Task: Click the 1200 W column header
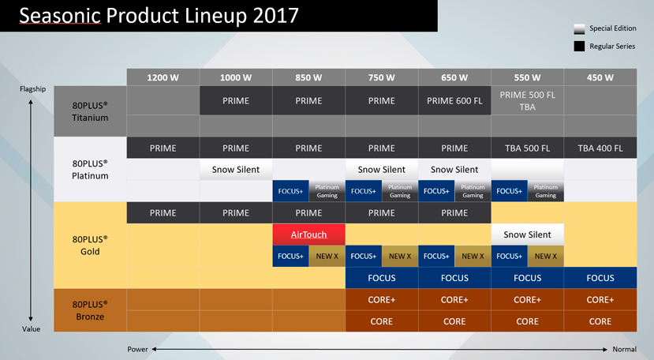coord(163,77)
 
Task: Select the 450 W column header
coord(600,77)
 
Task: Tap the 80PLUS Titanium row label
coord(90,111)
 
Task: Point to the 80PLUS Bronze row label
coord(90,310)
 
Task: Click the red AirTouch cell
coord(308,234)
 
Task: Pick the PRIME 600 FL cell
coord(454,100)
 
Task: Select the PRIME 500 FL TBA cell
coord(528,100)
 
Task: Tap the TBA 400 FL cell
coord(600,148)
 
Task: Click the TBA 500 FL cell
coord(528,148)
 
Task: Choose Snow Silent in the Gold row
coord(528,234)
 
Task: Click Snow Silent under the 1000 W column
coord(236,170)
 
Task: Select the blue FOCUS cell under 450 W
coord(600,278)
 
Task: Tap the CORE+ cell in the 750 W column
coord(382,299)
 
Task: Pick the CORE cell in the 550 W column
coord(528,321)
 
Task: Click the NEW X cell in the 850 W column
coord(327,256)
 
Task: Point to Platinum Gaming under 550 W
coord(546,191)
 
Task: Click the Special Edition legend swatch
coord(579,29)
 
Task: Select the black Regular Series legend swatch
coord(579,47)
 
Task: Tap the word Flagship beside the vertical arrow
coord(32,89)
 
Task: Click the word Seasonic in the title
coord(60,16)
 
